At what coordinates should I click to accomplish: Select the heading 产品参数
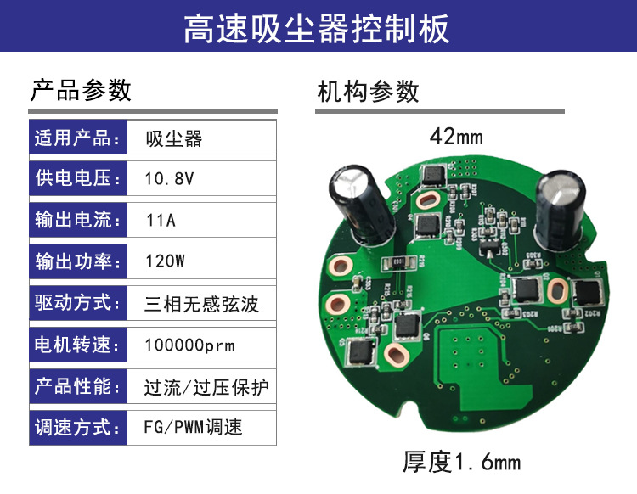81,89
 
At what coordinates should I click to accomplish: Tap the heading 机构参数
368,91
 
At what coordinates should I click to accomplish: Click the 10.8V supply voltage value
169,180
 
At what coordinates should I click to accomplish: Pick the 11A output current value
161,221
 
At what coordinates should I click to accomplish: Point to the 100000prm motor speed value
189,345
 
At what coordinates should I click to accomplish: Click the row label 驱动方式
73,303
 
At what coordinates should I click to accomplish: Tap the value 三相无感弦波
200,303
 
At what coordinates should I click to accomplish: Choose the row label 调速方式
73,426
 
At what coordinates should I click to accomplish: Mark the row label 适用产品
73,138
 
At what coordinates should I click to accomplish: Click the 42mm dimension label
456,136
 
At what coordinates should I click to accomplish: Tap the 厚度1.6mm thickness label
461,463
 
